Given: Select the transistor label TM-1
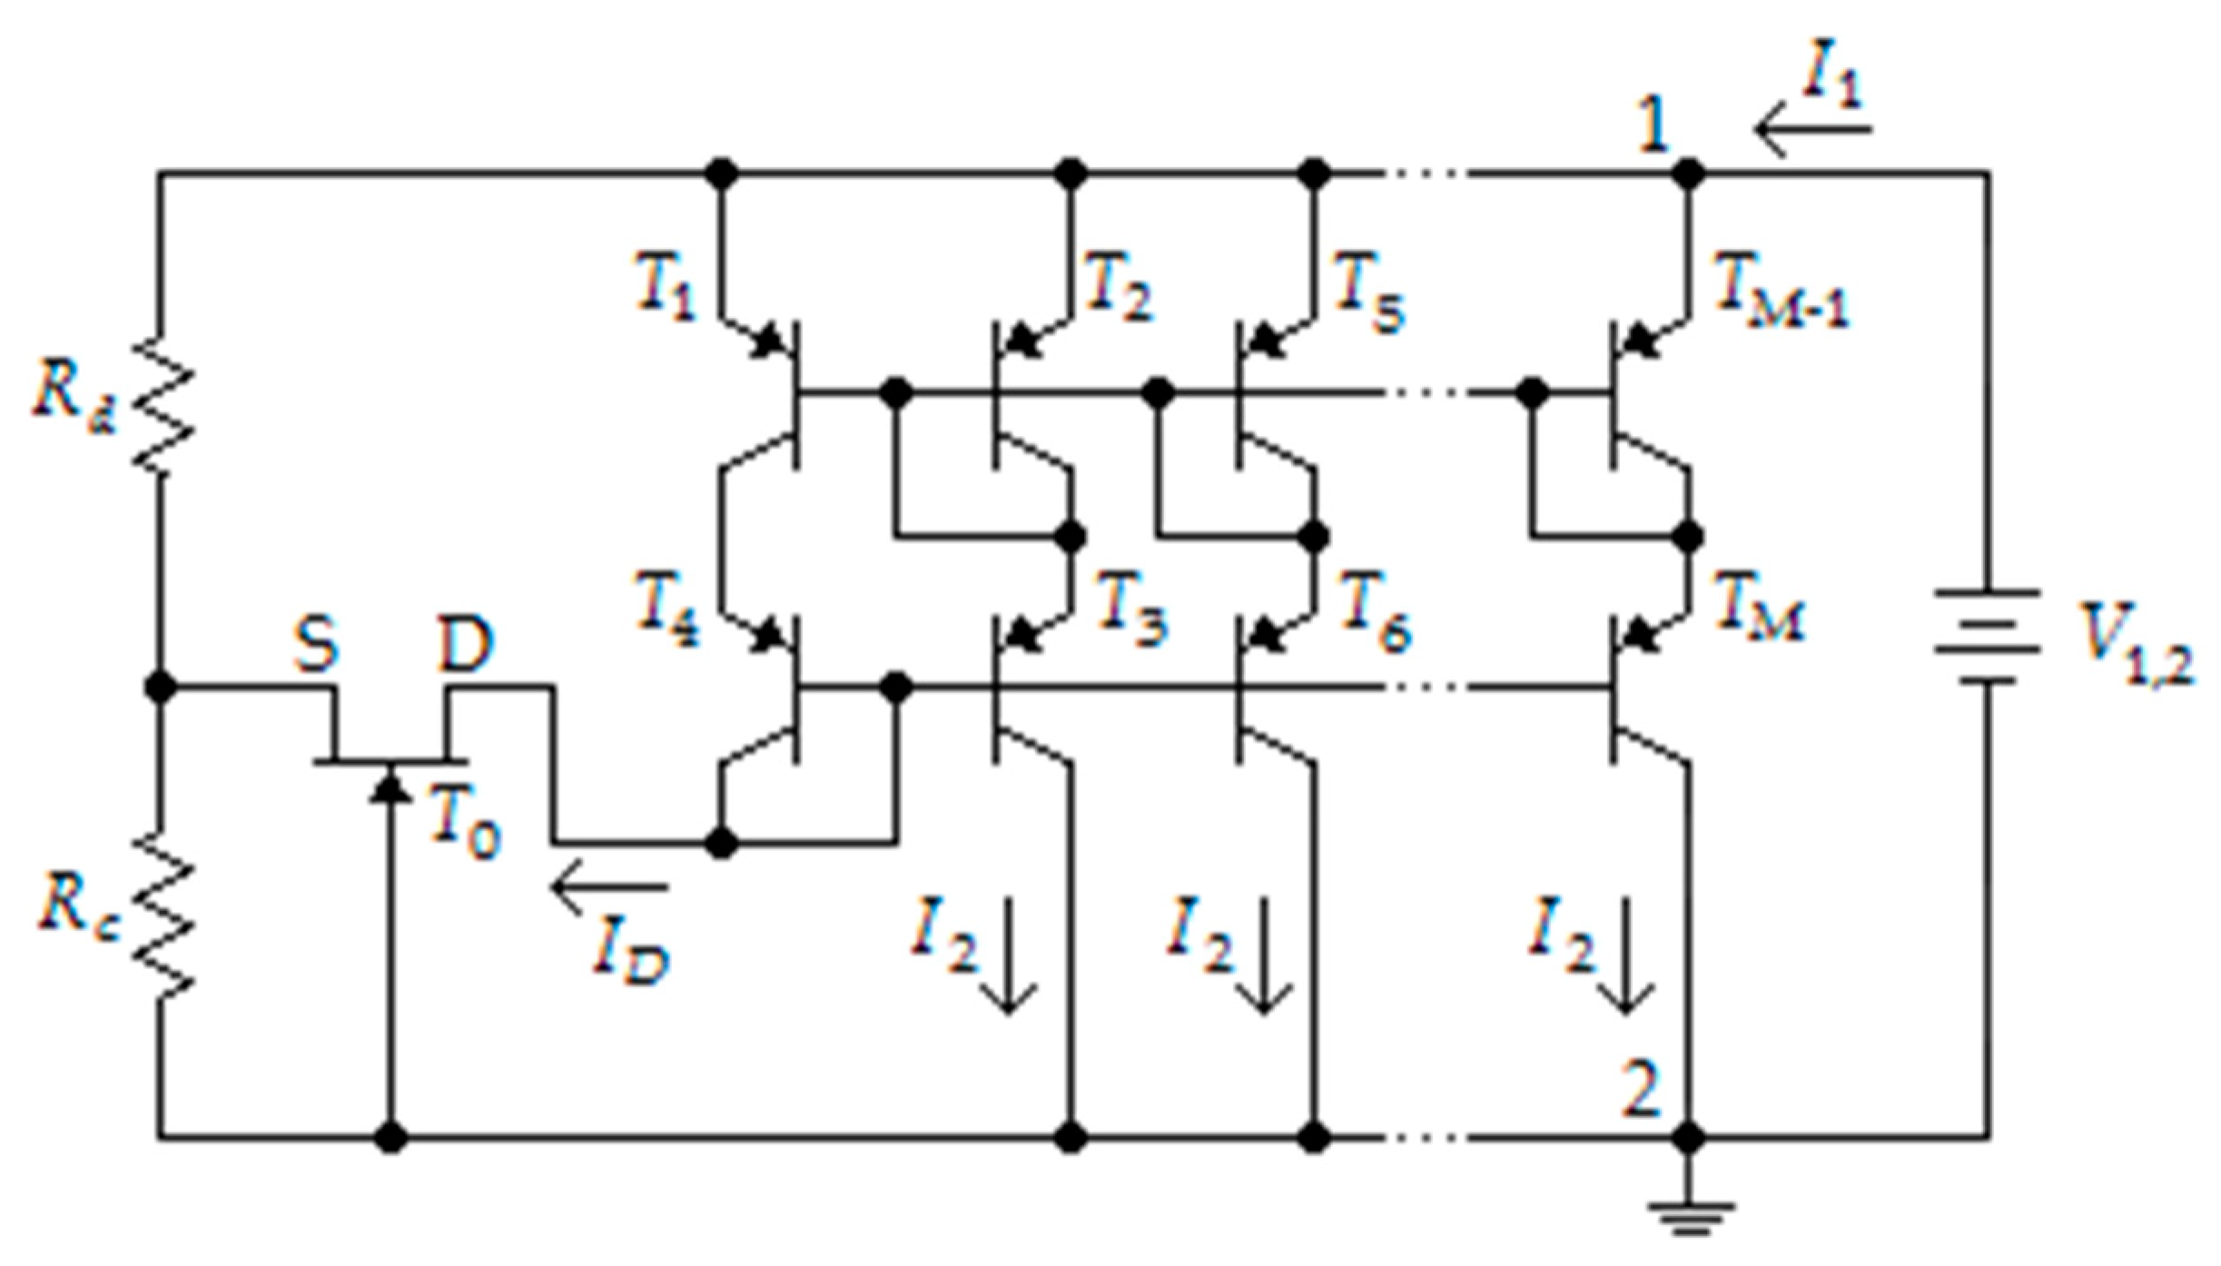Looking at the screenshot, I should (1780, 292).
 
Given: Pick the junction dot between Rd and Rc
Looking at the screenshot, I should (161, 687).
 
